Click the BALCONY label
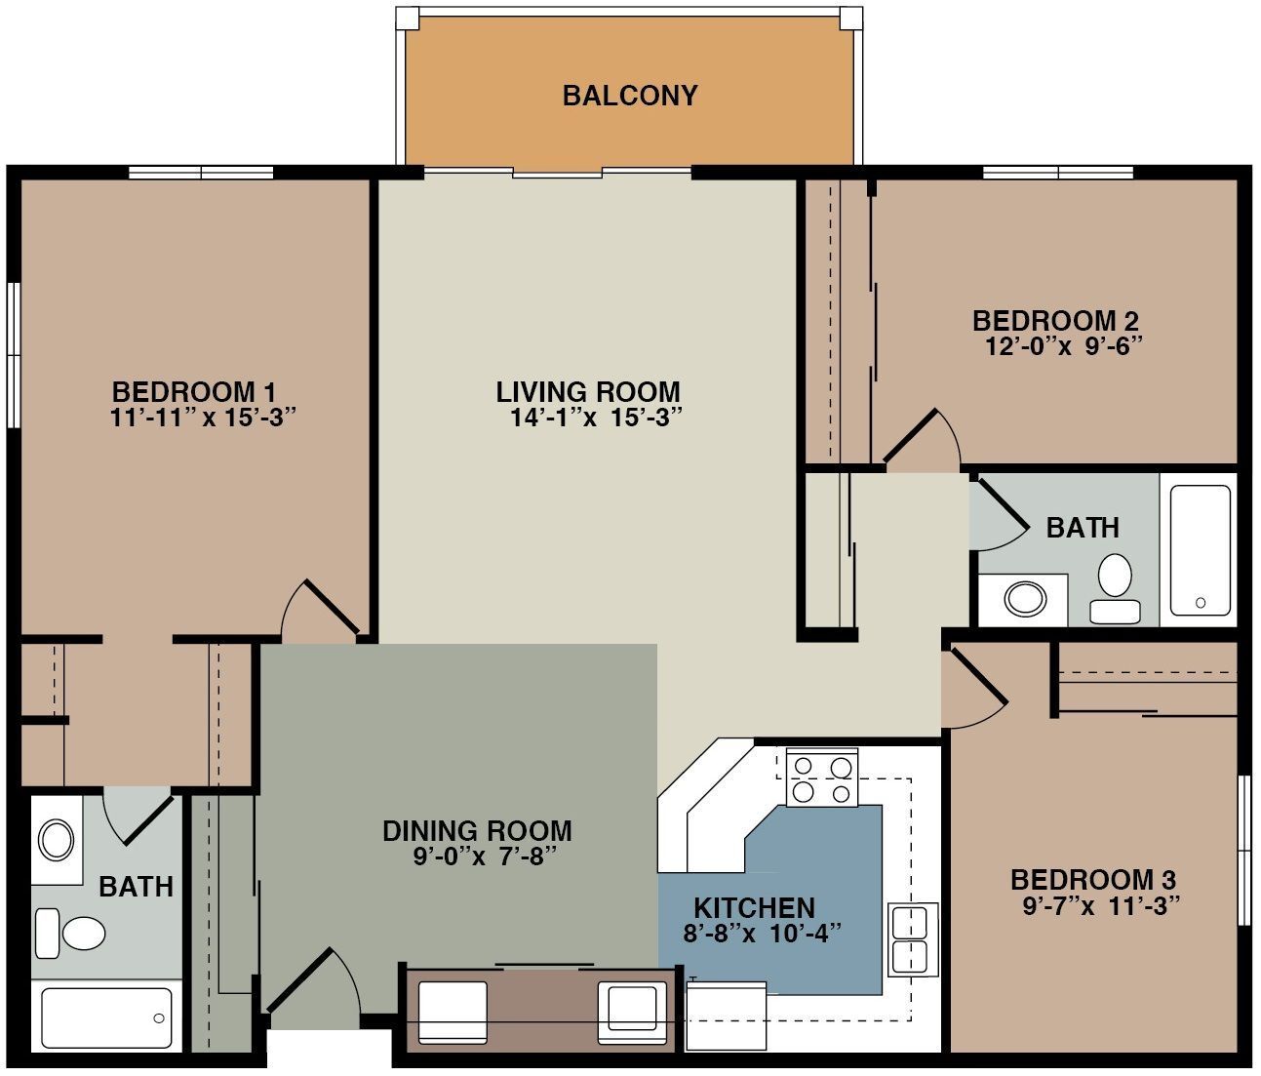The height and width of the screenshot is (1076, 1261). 630,96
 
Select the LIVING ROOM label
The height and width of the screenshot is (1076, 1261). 588,392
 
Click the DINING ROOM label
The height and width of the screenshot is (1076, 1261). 477,831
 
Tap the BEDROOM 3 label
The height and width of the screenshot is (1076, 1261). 1093,878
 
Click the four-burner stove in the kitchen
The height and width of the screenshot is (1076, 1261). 820,778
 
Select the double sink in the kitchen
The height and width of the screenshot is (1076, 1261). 912,938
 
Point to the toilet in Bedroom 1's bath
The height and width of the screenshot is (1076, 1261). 72,934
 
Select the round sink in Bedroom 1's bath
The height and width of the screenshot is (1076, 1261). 57,839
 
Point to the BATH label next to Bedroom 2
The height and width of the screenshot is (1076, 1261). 1083,528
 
